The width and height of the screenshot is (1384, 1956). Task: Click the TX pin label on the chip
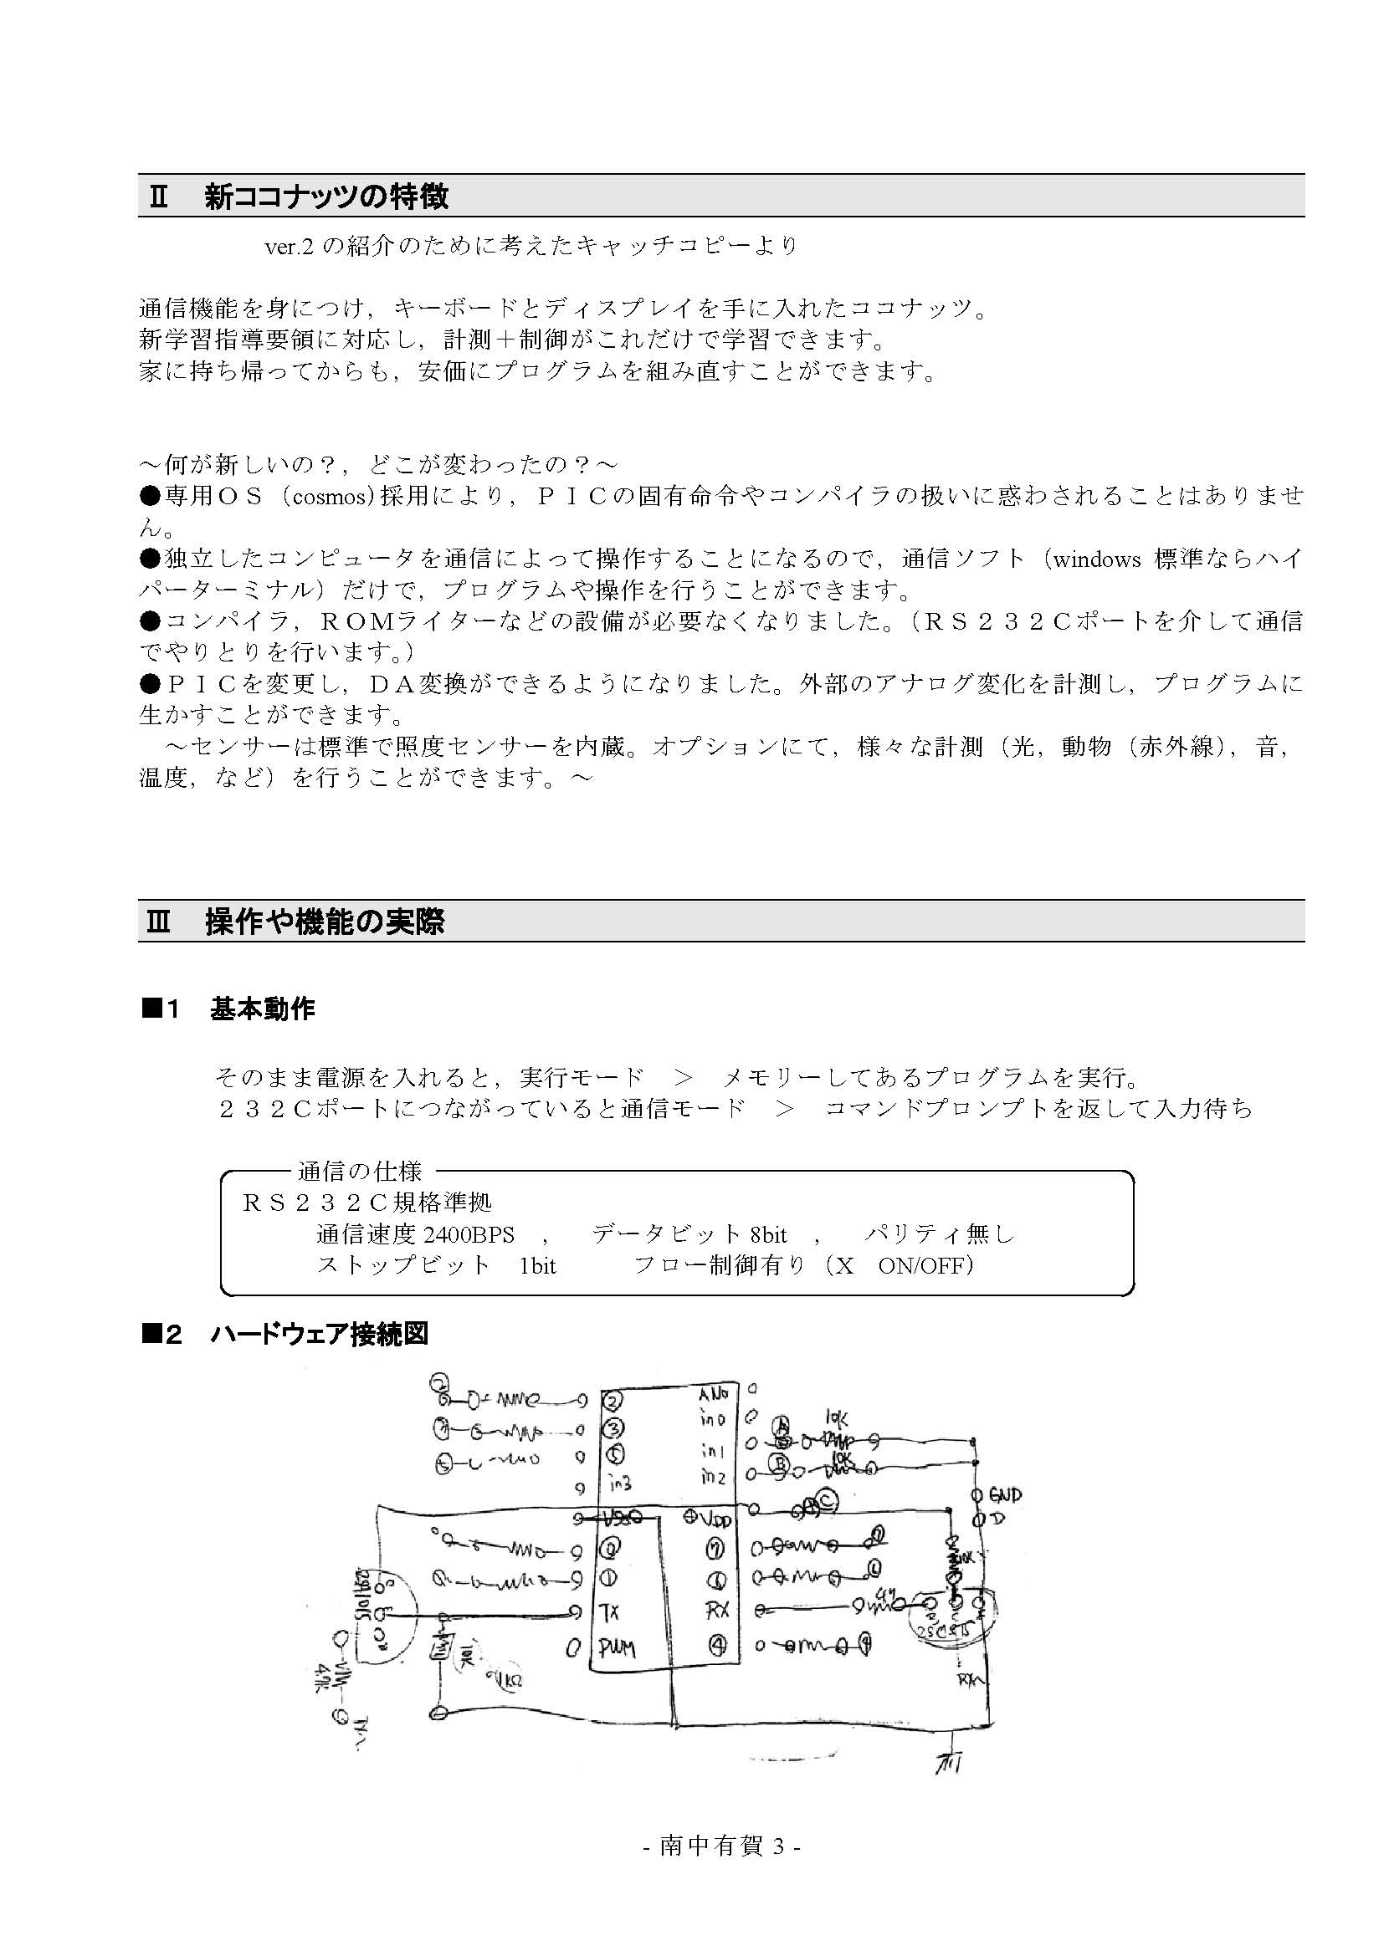[x=608, y=1611]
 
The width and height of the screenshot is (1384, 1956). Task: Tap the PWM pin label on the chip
[x=616, y=1648]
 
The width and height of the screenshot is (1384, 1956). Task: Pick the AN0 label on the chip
[x=713, y=1395]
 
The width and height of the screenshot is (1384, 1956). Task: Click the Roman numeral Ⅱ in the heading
[x=159, y=197]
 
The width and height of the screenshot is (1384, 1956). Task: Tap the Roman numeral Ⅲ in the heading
[x=159, y=922]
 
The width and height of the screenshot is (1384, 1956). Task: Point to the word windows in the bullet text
[x=1096, y=559]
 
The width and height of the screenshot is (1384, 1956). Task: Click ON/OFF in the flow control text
[x=925, y=1266]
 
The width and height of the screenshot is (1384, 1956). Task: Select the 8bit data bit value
[x=769, y=1234]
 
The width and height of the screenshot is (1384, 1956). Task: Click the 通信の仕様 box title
[x=360, y=1172]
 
